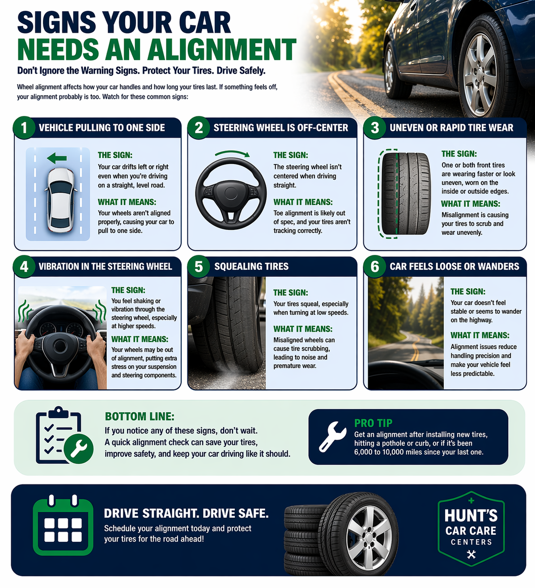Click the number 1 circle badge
coord(24,128)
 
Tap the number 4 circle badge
coord(24,267)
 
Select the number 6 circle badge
coord(375,267)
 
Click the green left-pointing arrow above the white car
coord(57,158)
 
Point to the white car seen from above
coord(61,200)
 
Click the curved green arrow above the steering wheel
coord(232,154)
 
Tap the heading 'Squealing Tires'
coord(251,267)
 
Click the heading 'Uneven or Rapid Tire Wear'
coord(451,128)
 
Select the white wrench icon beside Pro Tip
coord(332,437)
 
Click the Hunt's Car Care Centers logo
coord(471,529)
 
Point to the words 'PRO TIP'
coord(373,423)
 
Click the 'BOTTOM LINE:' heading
coord(140,416)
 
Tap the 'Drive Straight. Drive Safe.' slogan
coord(186,513)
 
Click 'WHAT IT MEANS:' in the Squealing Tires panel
coord(303,329)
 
